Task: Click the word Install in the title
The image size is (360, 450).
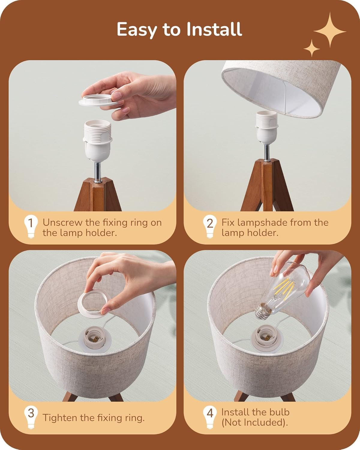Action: [x=214, y=29]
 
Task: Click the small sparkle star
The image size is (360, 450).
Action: [x=311, y=48]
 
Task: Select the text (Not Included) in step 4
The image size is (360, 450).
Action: [x=254, y=422]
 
